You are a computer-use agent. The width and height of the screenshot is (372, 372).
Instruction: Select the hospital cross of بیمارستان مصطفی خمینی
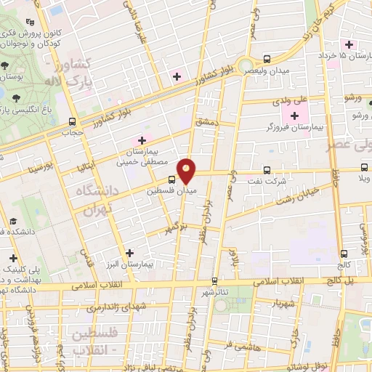(142, 139)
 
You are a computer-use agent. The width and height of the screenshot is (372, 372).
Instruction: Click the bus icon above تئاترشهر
(214, 280)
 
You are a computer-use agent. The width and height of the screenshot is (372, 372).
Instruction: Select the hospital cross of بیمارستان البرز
(129, 253)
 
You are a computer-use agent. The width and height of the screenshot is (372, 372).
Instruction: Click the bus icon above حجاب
(71, 121)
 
